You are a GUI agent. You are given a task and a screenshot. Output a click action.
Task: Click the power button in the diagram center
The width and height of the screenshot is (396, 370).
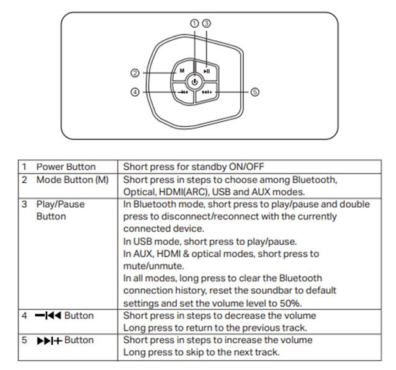click(195, 81)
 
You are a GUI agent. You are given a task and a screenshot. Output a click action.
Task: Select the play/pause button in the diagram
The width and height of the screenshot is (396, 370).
click(207, 71)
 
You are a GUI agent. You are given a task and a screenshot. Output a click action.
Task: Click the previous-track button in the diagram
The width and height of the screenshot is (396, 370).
click(183, 92)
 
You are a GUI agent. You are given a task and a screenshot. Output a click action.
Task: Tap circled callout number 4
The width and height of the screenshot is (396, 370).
click(135, 92)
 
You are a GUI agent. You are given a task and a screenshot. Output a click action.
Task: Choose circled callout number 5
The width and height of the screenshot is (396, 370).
click(254, 92)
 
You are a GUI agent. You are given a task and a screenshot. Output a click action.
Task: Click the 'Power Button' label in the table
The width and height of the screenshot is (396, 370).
click(66, 167)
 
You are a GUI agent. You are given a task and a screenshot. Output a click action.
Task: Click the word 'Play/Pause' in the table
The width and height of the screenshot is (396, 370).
click(60, 204)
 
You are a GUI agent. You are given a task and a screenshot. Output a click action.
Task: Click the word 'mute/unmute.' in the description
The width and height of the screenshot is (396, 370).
click(150, 266)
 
